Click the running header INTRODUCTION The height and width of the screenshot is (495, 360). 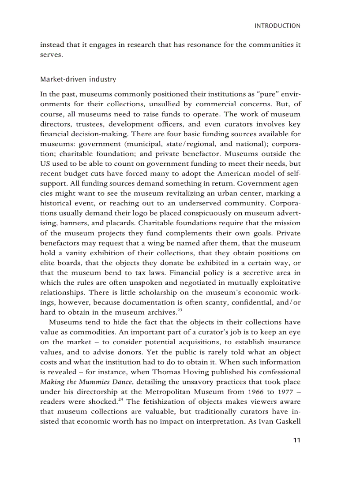click(277, 26)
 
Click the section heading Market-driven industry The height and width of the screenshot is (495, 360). click(78, 79)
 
